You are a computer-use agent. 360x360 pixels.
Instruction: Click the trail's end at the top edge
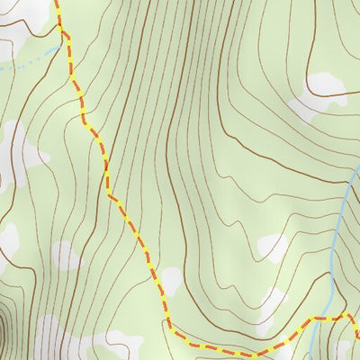(x=56, y=2)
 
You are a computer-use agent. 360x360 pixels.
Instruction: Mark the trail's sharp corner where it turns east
(x=167, y=329)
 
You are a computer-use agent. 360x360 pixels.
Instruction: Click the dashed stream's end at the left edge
(x=2, y=67)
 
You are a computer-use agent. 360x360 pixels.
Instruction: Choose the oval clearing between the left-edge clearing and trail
(x=65, y=256)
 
